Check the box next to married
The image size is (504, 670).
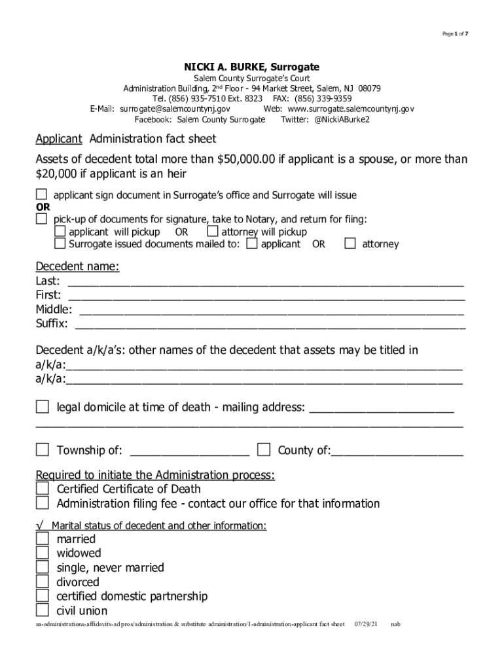[43, 538]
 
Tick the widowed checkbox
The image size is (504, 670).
[43, 553]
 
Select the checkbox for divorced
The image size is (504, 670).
[43, 582]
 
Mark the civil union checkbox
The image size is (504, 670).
[43, 610]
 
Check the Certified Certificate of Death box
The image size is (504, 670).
[43, 489]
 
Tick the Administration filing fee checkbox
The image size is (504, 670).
[43, 503]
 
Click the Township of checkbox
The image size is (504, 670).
[43, 450]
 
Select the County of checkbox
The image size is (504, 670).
[264, 450]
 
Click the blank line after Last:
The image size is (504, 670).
[265, 283]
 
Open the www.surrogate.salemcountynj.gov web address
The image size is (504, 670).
[351, 109]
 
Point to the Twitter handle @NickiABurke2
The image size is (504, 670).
[342, 120]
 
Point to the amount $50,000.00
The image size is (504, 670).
[243, 159]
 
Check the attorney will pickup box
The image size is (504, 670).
[212, 232]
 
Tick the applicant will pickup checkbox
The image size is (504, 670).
[60, 232]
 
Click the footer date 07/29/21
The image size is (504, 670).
[365, 624]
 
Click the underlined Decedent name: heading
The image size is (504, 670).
[77, 267]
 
